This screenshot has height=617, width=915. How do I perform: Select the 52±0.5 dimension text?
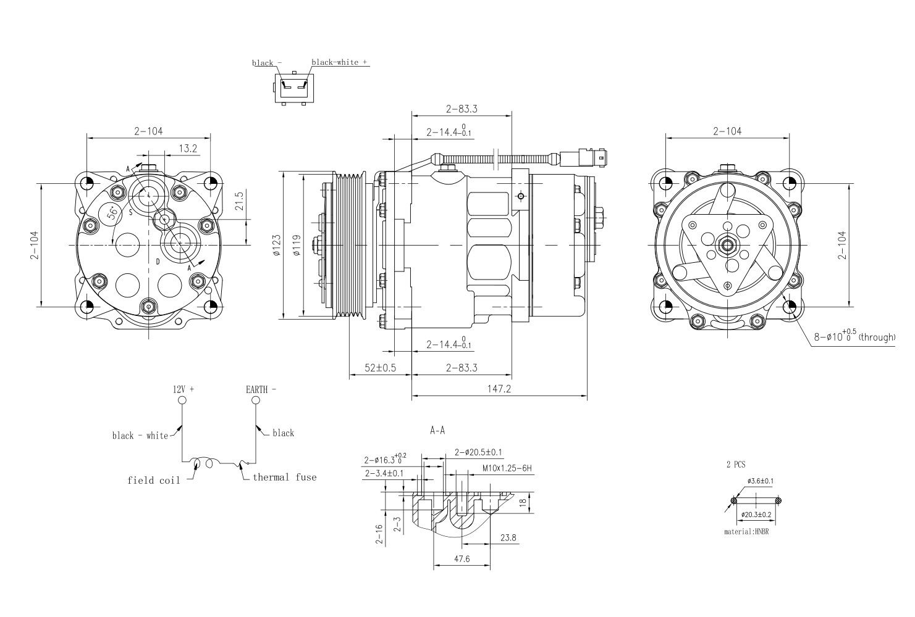click(381, 368)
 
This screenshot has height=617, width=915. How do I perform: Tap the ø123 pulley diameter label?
click(276, 246)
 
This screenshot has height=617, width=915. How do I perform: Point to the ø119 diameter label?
click(297, 246)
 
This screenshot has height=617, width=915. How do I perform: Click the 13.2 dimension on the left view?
click(187, 148)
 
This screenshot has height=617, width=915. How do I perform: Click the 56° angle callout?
click(112, 213)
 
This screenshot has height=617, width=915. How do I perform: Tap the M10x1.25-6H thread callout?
click(507, 468)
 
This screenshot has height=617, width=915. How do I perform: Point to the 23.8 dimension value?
click(508, 538)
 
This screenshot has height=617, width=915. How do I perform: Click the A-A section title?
click(437, 431)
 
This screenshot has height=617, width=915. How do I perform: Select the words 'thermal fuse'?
click(284, 477)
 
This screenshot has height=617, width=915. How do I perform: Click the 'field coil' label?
click(154, 480)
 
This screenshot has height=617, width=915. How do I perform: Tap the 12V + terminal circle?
click(182, 400)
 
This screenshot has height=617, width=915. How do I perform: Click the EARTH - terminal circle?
click(255, 400)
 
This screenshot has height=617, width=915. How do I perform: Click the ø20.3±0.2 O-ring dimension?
click(756, 514)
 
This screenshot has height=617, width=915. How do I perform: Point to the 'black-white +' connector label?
click(340, 62)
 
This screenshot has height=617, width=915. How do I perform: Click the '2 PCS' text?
click(736, 465)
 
